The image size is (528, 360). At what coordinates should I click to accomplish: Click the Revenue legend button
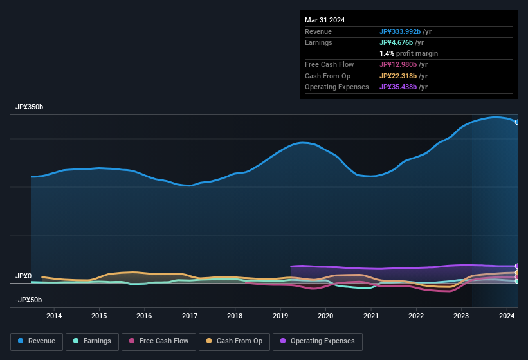36,341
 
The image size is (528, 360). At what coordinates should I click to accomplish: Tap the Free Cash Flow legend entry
158,341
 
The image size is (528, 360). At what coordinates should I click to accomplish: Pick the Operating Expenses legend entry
318,341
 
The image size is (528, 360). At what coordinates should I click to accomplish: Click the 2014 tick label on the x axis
54,316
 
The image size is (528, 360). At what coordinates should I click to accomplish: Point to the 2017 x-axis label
190,316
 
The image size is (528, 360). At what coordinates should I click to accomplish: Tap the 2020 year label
325,316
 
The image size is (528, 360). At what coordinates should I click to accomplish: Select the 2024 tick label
506,316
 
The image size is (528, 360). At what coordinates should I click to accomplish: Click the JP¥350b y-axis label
30,107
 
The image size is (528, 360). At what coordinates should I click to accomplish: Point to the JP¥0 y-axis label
23,276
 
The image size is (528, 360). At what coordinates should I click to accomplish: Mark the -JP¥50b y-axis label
28,300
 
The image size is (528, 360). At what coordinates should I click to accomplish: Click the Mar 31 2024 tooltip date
325,20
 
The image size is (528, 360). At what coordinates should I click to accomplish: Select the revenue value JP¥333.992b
399,32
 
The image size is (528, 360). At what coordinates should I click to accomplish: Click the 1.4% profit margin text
408,53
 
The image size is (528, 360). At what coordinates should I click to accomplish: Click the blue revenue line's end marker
517,122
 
